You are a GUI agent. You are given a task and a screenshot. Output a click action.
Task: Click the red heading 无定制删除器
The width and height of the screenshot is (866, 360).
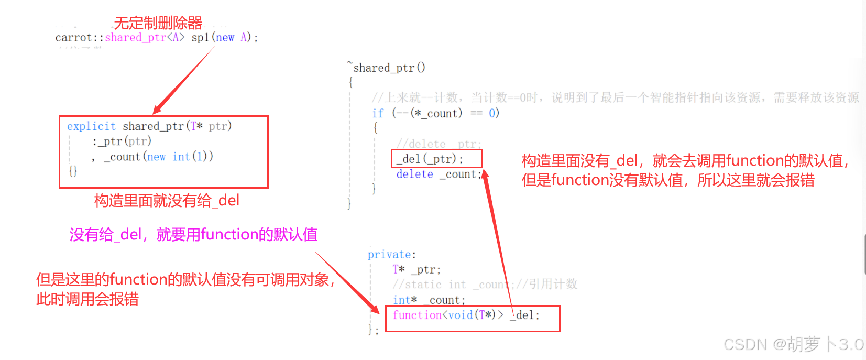[158, 23]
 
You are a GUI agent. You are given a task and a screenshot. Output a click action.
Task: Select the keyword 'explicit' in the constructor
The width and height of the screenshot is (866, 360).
[91, 126]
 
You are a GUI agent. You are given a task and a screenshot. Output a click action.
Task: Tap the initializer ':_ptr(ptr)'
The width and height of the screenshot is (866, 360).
[122, 141]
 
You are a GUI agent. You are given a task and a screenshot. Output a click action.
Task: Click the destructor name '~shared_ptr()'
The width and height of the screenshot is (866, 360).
[387, 68]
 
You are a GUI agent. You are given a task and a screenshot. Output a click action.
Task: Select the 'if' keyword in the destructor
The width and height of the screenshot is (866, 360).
[378, 113]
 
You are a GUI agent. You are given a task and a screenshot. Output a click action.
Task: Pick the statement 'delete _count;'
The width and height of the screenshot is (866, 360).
[439, 174]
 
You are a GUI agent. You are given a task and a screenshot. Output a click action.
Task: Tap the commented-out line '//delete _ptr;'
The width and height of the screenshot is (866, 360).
[439, 144]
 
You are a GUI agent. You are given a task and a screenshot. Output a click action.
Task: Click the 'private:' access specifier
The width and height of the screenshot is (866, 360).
[391, 255]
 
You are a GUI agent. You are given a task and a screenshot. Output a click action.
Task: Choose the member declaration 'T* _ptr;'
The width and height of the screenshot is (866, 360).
[416, 270]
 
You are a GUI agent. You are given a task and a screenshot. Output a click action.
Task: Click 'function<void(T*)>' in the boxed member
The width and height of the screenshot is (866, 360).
[448, 315]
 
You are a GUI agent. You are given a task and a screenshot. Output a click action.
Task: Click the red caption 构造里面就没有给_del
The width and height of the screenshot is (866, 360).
[167, 201]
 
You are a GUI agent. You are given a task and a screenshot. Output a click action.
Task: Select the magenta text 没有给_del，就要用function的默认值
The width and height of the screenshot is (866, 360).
[193, 235]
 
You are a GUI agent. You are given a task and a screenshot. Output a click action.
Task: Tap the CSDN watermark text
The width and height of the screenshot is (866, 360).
[793, 344]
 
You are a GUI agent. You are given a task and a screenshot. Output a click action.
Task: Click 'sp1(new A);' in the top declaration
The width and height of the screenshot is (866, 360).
[225, 38]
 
